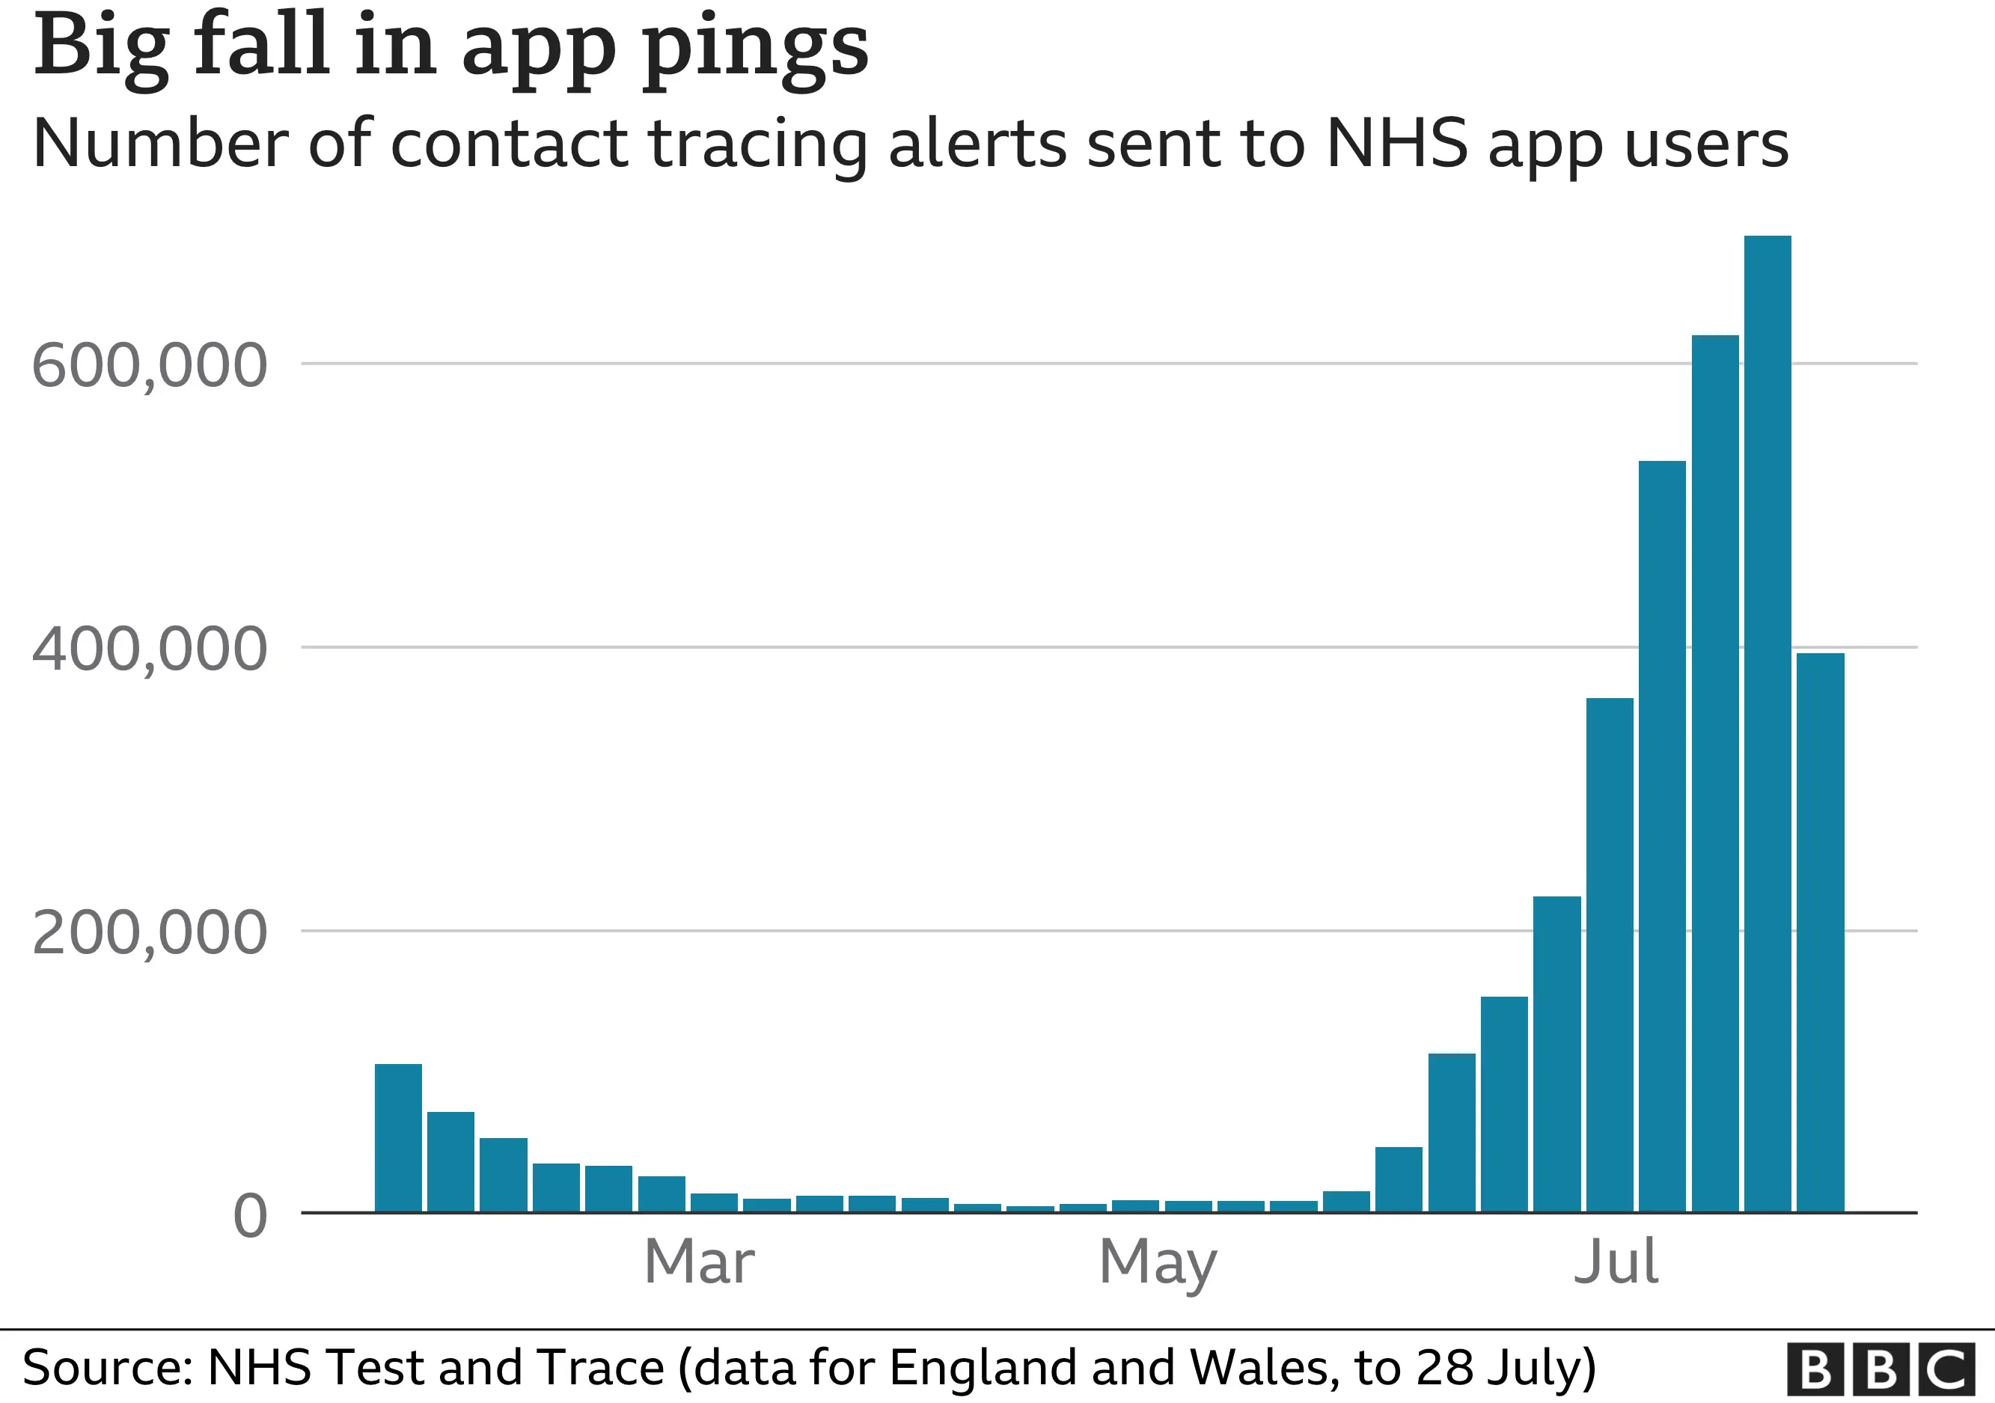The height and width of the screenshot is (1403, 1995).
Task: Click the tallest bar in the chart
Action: coord(1768,723)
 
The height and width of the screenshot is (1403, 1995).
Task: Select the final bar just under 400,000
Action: coord(1821,932)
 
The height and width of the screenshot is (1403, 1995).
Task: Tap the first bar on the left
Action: coord(398,1137)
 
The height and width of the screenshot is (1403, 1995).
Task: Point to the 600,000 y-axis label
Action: coord(149,366)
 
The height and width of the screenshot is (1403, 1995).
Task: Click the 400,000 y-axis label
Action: coord(149,649)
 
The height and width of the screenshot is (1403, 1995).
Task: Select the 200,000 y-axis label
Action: coord(149,933)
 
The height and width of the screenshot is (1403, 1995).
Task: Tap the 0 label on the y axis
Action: coord(250,1215)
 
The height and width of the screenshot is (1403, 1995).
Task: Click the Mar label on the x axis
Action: coord(700,1262)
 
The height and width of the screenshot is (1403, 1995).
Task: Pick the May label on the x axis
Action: coord(1158,1262)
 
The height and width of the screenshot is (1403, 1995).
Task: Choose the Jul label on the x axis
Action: coord(1616,1262)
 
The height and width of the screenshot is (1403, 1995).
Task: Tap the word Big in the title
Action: coord(100,48)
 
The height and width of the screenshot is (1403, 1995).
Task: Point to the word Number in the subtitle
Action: coord(161,144)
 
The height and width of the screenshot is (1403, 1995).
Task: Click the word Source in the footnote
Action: coord(105,1369)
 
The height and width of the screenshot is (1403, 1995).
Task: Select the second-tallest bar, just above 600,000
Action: coord(1714,773)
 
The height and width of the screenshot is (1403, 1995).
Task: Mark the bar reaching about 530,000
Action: coord(1661,836)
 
